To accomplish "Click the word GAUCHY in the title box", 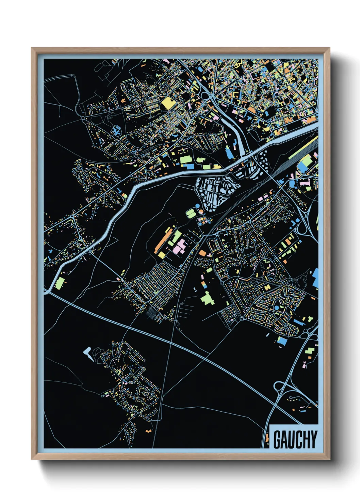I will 295,440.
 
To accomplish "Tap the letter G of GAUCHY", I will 277,440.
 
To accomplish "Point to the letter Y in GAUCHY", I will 313,440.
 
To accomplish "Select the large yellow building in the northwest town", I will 167,103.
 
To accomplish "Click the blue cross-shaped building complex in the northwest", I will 116,130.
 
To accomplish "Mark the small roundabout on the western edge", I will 83,118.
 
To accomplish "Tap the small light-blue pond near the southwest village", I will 88,354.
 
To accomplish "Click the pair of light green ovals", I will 191,214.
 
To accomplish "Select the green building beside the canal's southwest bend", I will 60,283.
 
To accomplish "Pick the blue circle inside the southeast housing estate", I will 277,308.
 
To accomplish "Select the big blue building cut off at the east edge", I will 315,278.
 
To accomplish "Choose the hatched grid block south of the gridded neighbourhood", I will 154,313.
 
